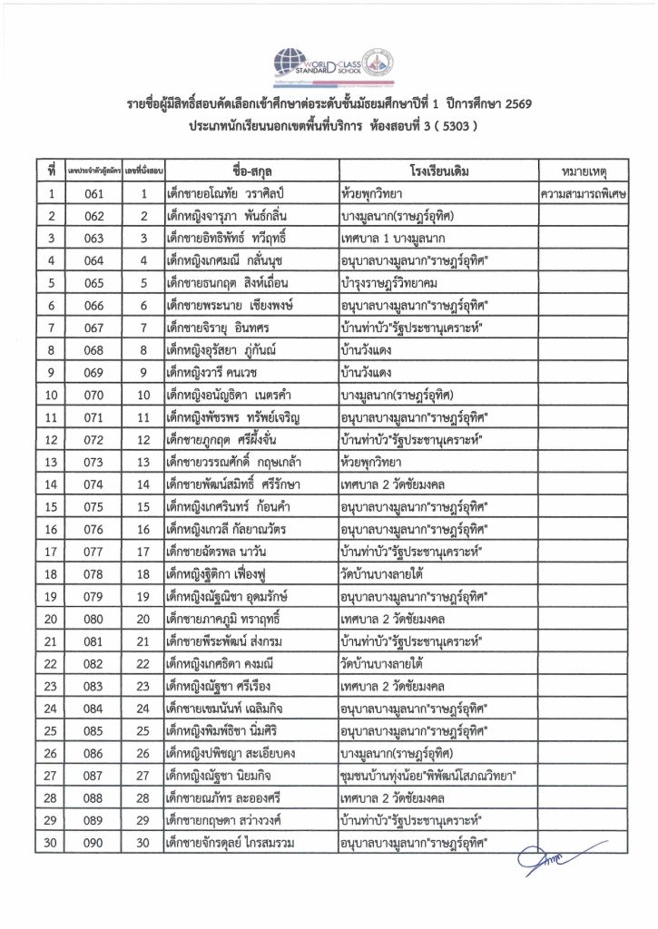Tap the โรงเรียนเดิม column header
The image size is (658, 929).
click(437, 171)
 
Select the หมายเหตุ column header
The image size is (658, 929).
click(583, 171)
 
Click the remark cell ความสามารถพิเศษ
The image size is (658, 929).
click(583, 193)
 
